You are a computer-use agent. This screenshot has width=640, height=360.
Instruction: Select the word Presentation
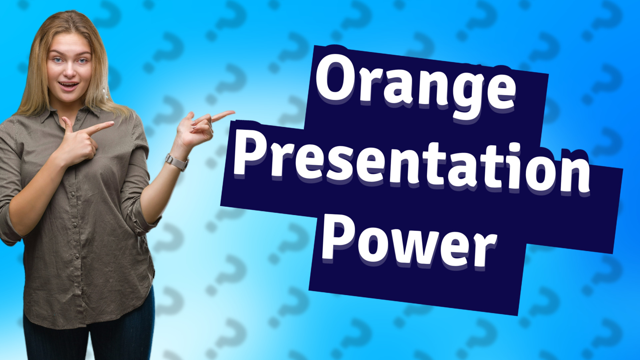pyautogui.click(x=412, y=165)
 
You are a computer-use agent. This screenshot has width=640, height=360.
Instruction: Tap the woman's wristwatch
pyautogui.click(x=177, y=162)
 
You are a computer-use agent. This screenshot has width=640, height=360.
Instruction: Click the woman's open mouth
pyautogui.click(x=69, y=86)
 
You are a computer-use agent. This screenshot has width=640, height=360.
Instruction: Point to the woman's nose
pyautogui.click(x=70, y=70)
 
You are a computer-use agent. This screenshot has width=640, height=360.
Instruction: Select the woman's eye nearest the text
pyautogui.click(x=82, y=61)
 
